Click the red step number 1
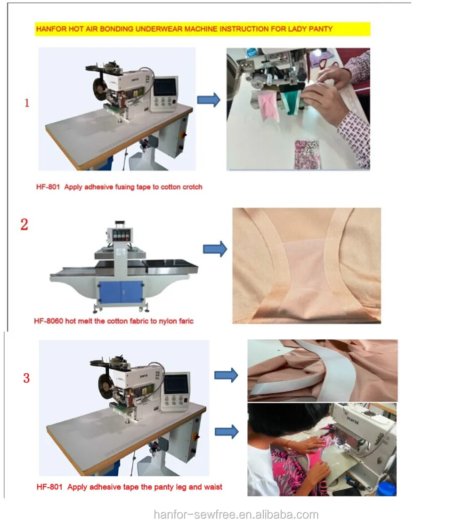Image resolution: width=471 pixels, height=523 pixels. pos(27,103)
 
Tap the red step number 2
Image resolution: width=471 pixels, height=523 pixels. pos(24,225)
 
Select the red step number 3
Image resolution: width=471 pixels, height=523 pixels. pos(26,378)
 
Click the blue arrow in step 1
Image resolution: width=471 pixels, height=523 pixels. pos(209,100)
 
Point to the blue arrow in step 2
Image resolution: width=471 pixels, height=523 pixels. pos(215,249)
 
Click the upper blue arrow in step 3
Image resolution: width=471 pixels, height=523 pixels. pos(226,375)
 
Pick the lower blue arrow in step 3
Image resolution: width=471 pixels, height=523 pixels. pos(227,432)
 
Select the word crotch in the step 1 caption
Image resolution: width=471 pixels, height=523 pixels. pos(191,187)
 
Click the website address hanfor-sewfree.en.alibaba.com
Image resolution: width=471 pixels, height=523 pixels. pos(236,515)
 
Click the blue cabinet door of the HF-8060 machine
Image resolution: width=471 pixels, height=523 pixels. pos(121,292)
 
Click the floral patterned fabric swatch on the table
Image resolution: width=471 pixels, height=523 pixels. pos(307,154)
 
